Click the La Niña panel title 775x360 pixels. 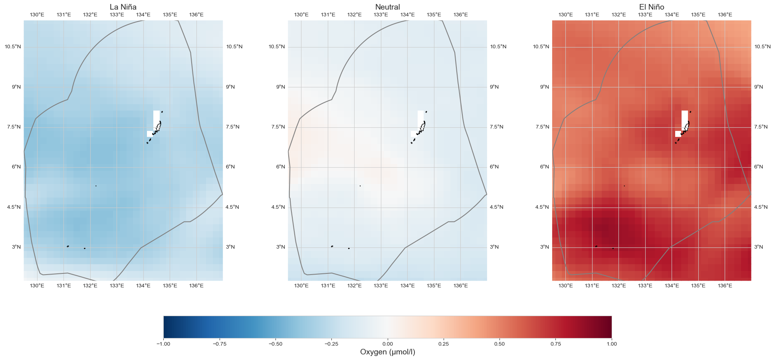click(x=123, y=7)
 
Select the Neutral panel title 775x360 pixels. click(x=387, y=7)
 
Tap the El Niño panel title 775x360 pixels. click(x=651, y=7)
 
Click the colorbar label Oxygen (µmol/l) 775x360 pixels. click(x=387, y=352)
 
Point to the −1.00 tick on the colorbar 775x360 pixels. click(x=163, y=344)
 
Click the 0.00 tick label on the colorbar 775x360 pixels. click(x=387, y=344)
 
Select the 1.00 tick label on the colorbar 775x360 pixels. click(x=611, y=344)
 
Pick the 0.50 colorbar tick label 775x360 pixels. click(x=499, y=344)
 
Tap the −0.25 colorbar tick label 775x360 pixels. click(x=331, y=344)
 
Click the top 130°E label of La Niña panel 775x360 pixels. click(x=37, y=15)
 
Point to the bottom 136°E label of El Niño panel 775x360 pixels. click(x=725, y=285)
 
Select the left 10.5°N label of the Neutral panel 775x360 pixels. click(x=277, y=47)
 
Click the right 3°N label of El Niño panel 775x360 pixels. click(x=759, y=247)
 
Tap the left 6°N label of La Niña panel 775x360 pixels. click(x=16, y=167)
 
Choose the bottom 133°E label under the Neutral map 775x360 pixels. click(x=381, y=285)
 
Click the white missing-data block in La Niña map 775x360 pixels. click(x=156, y=119)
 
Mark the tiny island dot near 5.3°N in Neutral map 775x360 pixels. click(x=360, y=186)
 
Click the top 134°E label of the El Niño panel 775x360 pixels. click(x=672, y=15)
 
